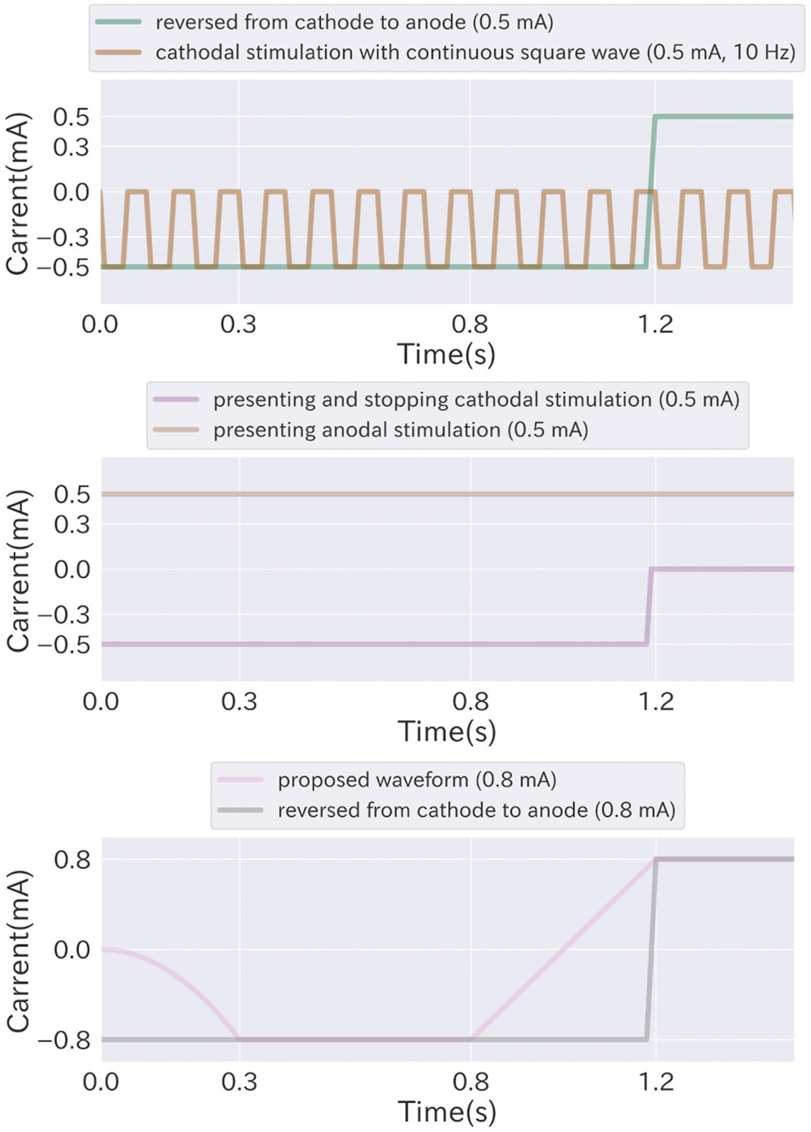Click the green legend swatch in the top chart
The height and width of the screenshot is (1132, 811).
pos(118,22)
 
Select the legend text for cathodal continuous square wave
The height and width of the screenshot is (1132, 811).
pos(475,53)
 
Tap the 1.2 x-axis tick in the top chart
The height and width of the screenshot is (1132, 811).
pos(655,324)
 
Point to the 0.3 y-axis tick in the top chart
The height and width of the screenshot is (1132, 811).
pos(71,147)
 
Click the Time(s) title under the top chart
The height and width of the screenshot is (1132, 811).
pos(446,354)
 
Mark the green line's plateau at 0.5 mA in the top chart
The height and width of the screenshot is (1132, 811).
pos(722,116)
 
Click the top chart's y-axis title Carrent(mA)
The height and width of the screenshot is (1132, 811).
pos(18,194)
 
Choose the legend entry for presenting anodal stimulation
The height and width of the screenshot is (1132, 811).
pos(400,431)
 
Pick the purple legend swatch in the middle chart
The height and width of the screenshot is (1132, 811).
pos(176,399)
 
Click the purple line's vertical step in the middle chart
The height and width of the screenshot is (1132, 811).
pos(649,607)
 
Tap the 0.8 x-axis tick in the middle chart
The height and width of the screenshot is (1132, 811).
pos(470,701)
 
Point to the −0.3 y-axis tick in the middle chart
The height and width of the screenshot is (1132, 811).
pos(64,614)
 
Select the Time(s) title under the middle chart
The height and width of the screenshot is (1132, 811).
pos(447,731)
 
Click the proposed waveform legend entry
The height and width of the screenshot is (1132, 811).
pos(416,780)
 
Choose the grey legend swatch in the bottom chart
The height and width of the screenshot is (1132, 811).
pos(240,810)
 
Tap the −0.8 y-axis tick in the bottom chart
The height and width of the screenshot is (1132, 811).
pos(64,1039)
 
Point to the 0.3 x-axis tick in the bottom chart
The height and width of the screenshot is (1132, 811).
pos(239,1082)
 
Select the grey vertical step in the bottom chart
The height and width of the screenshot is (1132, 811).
pos(650,951)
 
